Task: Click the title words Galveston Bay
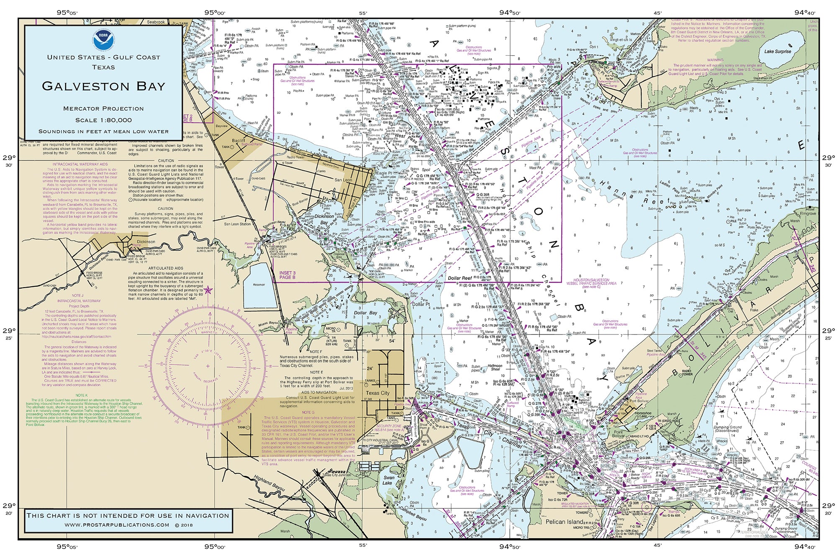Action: point(103,86)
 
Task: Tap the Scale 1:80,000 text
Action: point(103,120)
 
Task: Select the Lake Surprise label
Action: point(778,51)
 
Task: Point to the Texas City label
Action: point(377,393)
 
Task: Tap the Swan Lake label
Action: point(389,480)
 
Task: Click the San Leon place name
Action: point(343,180)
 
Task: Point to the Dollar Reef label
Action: point(460,278)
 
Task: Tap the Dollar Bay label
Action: point(365,313)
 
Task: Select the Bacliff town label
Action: point(239,141)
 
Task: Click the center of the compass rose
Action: point(208,366)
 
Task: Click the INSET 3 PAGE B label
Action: point(287,275)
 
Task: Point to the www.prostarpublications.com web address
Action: point(117,525)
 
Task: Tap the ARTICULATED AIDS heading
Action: point(166,268)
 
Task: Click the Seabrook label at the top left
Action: point(156,22)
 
